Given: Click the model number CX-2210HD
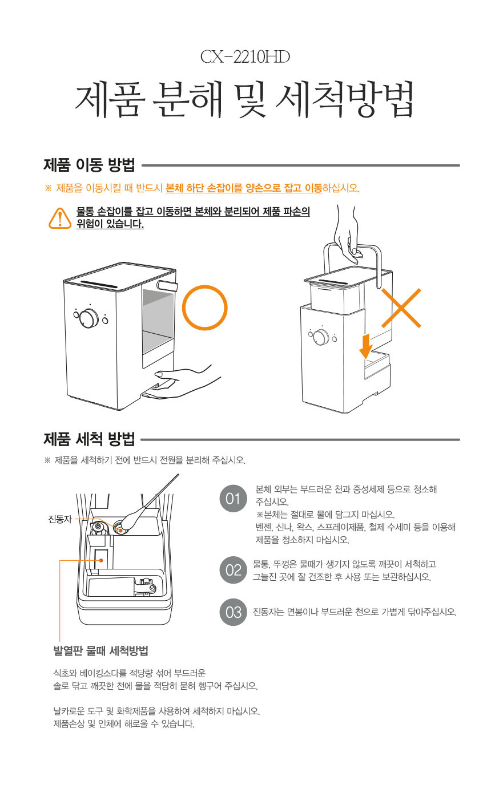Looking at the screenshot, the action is (x=245, y=57).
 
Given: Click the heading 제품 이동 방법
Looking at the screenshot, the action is (x=90, y=165).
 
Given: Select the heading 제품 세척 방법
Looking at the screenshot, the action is (x=90, y=439).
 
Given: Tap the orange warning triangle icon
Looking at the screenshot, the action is (x=60, y=218).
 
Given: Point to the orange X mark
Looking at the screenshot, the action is (x=401, y=308).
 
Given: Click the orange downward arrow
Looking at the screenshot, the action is (x=365, y=346).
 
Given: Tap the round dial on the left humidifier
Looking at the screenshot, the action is (x=88, y=318).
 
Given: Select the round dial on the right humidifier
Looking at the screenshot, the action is (x=321, y=337).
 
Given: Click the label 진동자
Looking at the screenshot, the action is (x=60, y=519).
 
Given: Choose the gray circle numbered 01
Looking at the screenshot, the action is (x=233, y=499).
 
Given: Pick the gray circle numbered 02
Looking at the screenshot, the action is (x=233, y=570).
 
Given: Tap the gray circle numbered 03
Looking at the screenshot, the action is (x=233, y=612).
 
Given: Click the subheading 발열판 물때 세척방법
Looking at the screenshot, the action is (x=100, y=651).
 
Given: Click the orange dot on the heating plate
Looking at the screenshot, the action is (x=102, y=560).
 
